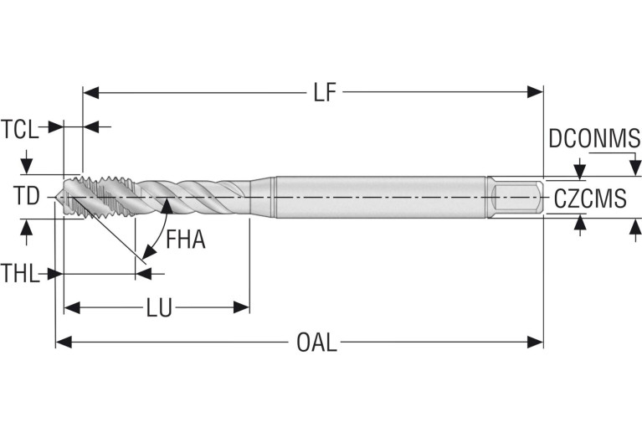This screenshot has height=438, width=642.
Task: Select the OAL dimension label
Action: (x=316, y=342)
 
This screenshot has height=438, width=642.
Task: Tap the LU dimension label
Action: (x=158, y=308)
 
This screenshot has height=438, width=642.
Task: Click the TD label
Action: (x=26, y=196)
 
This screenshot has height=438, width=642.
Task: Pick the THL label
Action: (x=20, y=273)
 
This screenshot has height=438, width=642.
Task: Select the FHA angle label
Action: (x=185, y=240)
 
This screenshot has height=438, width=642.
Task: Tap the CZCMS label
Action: (x=590, y=198)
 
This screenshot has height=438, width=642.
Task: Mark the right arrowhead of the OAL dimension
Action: (x=536, y=342)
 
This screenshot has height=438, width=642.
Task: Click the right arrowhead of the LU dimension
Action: (x=242, y=308)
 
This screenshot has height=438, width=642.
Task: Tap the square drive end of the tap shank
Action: (x=516, y=198)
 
